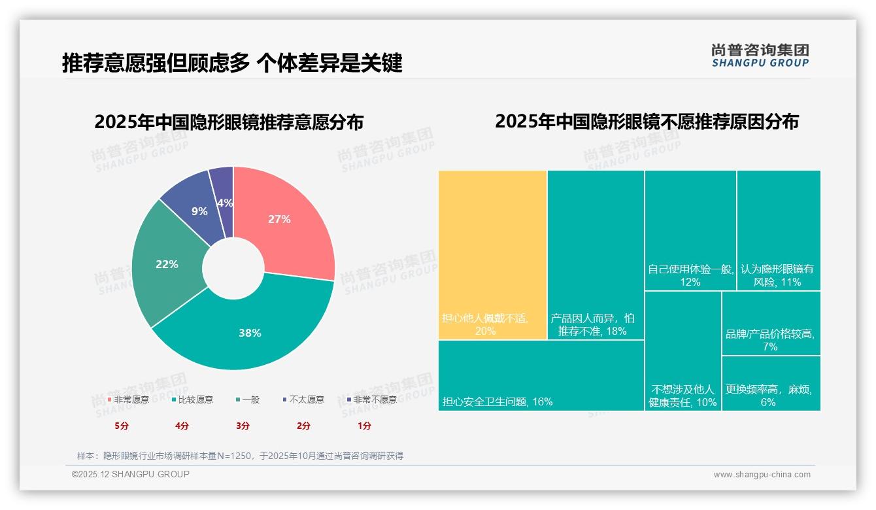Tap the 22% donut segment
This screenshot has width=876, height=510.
click(168, 265)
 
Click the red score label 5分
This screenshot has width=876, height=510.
click(122, 426)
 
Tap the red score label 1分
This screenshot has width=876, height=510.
click(364, 426)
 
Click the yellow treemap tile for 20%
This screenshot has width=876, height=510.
click(492, 255)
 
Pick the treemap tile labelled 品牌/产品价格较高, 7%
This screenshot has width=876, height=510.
click(771, 323)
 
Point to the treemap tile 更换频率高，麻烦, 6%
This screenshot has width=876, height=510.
click(771, 383)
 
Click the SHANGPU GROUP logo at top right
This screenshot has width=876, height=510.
click(760, 56)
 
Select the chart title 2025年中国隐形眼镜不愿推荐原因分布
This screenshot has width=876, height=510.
click(647, 122)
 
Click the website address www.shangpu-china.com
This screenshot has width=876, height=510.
click(762, 475)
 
